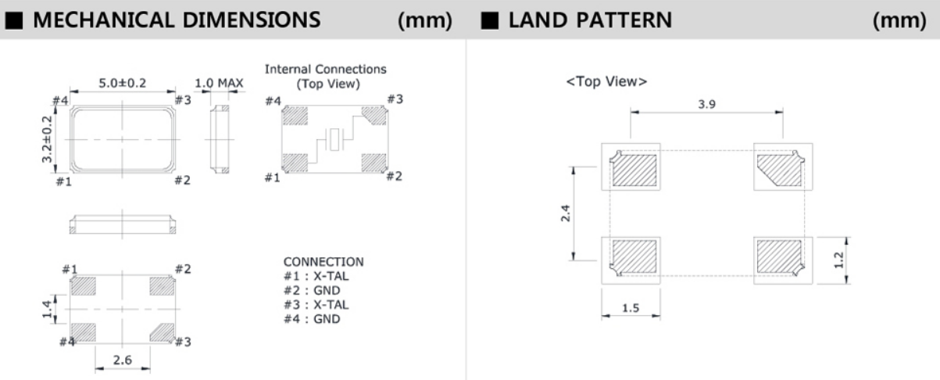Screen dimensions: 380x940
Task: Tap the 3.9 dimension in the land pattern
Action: (707, 104)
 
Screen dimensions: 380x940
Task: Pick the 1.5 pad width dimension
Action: (631, 308)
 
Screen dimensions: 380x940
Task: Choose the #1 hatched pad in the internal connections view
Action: (295, 163)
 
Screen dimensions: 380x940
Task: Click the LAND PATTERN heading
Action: (589, 20)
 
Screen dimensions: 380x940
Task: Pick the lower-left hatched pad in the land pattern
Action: (633, 255)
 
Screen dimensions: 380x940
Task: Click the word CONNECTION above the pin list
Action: (323, 261)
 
